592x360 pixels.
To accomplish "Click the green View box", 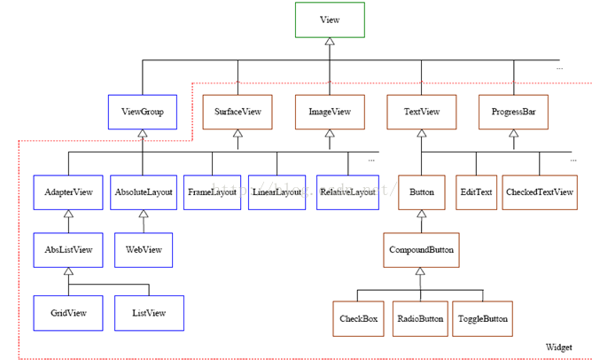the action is [330, 20].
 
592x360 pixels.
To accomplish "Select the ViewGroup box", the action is [143, 112].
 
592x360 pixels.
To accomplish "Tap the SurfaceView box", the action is [238, 112].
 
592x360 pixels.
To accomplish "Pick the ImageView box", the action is [330, 112].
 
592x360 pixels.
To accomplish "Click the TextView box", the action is [421, 112].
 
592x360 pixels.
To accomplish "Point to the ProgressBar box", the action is [513, 112].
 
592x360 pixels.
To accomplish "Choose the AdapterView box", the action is [68, 192].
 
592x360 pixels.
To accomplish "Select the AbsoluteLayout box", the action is [144, 192].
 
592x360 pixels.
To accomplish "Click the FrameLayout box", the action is [212, 192].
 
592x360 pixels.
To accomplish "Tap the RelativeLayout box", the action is [347, 192].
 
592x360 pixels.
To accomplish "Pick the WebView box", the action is [144, 250].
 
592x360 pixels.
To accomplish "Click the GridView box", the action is [68, 313].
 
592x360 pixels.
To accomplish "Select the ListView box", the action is [149, 313].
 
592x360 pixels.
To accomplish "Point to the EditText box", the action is [476, 192].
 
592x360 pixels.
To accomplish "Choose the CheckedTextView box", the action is [540, 192].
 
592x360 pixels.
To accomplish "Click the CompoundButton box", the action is [421, 250].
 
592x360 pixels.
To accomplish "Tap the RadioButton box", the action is [420, 319].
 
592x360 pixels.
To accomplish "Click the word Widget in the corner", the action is [559, 348].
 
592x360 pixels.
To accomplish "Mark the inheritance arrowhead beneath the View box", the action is [330, 41].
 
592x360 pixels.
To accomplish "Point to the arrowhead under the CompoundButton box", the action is [420, 271].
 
